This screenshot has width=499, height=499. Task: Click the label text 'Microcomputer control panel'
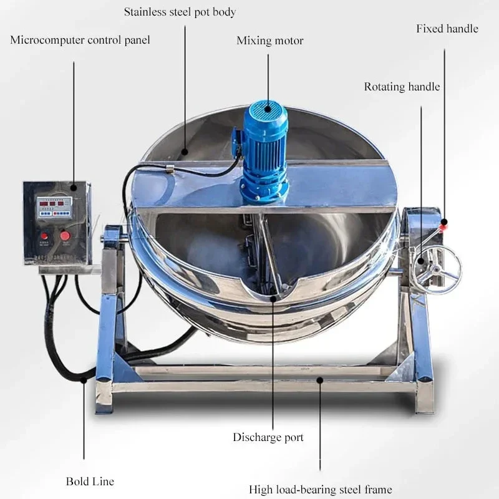(x=80, y=40)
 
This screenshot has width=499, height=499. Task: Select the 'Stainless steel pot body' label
(x=180, y=12)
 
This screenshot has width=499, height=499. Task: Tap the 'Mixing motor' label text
(x=269, y=41)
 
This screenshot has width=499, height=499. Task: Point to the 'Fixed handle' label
(x=447, y=29)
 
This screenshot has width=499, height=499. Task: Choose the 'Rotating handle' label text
(x=402, y=87)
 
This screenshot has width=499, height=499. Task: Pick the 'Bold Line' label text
(x=90, y=481)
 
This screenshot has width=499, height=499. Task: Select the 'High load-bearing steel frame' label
(x=321, y=490)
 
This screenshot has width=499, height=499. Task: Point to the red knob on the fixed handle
(x=445, y=223)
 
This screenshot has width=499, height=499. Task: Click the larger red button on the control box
(x=64, y=236)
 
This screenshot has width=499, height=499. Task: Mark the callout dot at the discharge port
(x=273, y=298)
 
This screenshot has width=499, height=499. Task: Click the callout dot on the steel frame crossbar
(x=320, y=378)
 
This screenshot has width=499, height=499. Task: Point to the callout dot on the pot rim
(x=185, y=150)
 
